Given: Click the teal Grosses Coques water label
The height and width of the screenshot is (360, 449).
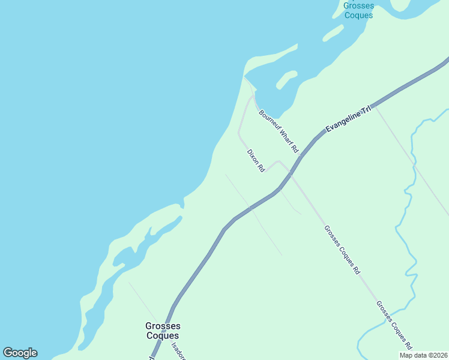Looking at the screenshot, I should pyautogui.click(x=358, y=10).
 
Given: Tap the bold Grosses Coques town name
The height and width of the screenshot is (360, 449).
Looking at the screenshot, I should pyautogui.click(x=162, y=331).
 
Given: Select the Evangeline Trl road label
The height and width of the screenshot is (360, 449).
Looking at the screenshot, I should pyautogui.click(x=349, y=119).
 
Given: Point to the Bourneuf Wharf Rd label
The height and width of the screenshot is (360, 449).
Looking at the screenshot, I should pyautogui.click(x=279, y=131).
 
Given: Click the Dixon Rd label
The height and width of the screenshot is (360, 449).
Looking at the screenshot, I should pyautogui.click(x=256, y=161).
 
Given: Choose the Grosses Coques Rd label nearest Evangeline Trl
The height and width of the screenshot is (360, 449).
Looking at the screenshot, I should pyautogui.click(x=342, y=250).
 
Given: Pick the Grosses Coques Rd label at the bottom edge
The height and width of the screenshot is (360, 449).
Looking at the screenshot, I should pyautogui.click(x=394, y=325).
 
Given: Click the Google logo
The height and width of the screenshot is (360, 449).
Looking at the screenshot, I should pyautogui.click(x=20, y=353).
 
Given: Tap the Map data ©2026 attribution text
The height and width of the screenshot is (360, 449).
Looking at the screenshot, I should pyautogui.click(x=423, y=355).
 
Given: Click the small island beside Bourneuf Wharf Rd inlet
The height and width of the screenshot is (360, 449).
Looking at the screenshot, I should pyautogui.click(x=286, y=79).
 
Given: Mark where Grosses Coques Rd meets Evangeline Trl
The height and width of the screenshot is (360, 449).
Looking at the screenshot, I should pyautogui.click(x=291, y=174).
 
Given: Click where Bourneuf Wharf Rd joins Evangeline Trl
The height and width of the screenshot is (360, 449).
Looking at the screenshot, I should pyautogui.click(x=300, y=157).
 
